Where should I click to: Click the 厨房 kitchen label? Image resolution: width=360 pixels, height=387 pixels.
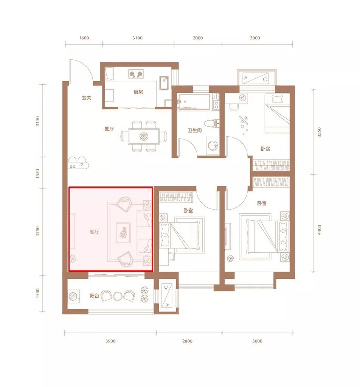pos(138,92)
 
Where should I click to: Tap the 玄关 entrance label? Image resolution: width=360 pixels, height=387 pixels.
pos(87,98)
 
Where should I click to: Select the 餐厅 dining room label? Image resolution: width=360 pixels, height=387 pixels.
pos(109,129)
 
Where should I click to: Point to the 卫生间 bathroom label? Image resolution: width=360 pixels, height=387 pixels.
pos(195,130)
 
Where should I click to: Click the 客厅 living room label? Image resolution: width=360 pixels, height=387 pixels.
pos(94,232)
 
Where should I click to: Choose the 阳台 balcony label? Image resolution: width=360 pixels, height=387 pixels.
pos(94,296)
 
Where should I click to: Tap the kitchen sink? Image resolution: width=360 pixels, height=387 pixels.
pos(164,83)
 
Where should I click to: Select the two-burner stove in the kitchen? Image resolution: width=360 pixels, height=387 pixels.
pos(136,73)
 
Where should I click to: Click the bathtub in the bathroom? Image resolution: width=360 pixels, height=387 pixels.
pos(194,102)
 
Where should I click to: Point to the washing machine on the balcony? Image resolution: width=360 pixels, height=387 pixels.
pos(74,296)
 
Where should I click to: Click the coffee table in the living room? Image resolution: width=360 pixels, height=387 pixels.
pos(123,233)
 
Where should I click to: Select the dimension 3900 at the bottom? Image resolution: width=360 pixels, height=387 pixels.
pos(110,341)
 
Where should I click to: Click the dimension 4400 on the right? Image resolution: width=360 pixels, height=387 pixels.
pos(319,230)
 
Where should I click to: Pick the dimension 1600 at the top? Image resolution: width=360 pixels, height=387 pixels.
pos(84,38)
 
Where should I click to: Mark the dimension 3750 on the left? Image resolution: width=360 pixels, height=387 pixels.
pos(37,231)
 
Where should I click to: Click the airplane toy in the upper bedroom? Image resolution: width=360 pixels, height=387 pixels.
pos(244,120)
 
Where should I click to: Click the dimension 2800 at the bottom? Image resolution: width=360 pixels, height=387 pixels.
pos(187,341)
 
